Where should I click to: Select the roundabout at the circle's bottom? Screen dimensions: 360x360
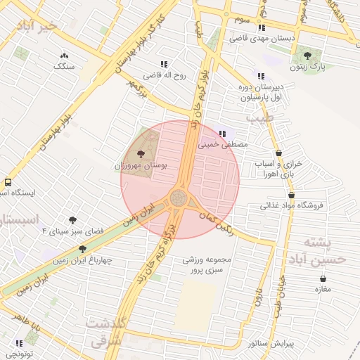[x=179, y=199]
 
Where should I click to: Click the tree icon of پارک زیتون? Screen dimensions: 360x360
[x=307, y=55]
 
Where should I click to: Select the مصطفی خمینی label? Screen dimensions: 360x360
[x=224, y=145]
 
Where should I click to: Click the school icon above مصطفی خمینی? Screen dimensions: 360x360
[x=223, y=134]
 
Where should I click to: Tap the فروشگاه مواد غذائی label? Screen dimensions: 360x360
[x=291, y=206]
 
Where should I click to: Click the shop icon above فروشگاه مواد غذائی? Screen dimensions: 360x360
[x=291, y=195]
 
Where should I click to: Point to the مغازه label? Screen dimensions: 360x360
[x=323, y=290]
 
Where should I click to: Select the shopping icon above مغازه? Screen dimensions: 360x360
[x=323, y=279]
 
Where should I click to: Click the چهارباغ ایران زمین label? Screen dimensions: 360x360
[x=82, y=259]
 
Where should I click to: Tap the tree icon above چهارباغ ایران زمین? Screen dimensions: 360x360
[x=82, y=248]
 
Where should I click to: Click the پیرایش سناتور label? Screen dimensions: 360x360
[x=270, y=344]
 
